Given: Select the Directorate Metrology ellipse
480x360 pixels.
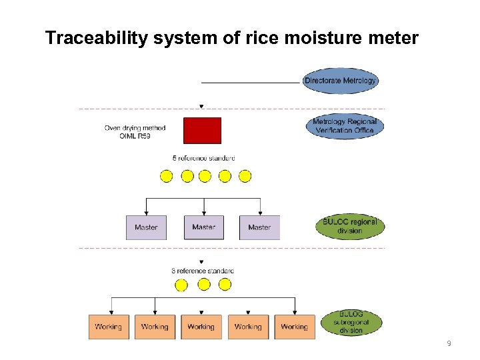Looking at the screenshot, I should click(x=340, y=81).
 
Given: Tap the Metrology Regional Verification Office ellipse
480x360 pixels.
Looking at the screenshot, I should click(x=344, y=125).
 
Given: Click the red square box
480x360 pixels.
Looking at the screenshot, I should click(x=202, y=131).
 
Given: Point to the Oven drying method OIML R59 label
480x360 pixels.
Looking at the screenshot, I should click(x=135, y=132).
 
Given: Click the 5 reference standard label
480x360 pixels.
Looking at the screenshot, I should click(x=203, y=158).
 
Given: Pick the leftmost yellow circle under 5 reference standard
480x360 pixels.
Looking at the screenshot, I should click(x=167, y=176).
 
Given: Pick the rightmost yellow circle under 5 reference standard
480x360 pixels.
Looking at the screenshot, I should click(x=245, y=176).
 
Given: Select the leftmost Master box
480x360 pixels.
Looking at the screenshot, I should click(x=146, y=227).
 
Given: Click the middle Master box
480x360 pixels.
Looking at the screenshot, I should click(x=203, y=227).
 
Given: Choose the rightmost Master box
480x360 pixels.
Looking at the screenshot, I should click(x=259, y=227).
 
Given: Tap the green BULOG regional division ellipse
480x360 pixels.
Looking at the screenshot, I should click(x=350, y=226).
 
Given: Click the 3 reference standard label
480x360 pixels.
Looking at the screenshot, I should click(x=203, y=271).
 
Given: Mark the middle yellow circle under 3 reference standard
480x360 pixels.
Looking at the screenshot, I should click(x=204, y=285).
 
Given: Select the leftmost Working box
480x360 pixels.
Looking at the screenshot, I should click(x=108, y=327).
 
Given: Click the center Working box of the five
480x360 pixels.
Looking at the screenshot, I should click(x=201, y=327).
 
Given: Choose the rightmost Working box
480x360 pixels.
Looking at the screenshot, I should click(x=294, y=327).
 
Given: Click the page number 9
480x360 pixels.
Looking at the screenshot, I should click(x=449, y=343).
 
